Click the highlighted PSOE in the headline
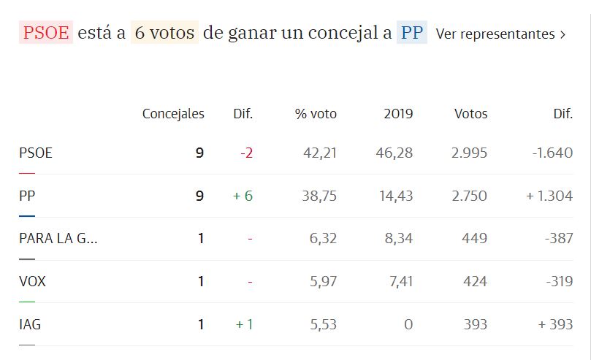tap(46, 33)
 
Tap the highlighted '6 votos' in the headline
tap(164, 33)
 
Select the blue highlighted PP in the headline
tap(411, 33)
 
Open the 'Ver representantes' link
tap(500, 34)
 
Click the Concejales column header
tap(173, 113)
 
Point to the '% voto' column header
tap(316, 113)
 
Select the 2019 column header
tap(398, 113)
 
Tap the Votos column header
tap(470, 113)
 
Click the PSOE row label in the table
tap(36, 153)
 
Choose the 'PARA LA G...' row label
tap(58, 239)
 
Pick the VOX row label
tap(32, 281)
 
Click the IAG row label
tap(30, 324)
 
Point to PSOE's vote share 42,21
tap(320, 153)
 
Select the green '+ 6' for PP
tap(243, 196)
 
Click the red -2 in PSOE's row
tap(246, 153)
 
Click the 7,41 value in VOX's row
tap(399, 281)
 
